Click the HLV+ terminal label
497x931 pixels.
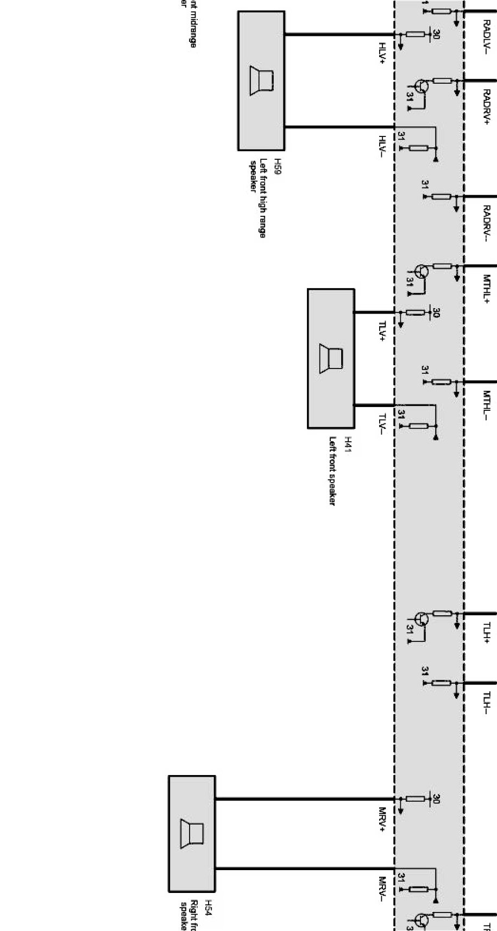click(x=382, y=53)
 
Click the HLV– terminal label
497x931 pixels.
click(x=382, y=146)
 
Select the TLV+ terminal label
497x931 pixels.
click(x=382, y=331)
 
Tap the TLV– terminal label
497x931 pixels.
click(x=382, y=424)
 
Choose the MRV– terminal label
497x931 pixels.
click(x=382, y=889)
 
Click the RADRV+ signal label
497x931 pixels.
click(x=487, y=107)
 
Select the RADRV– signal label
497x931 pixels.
click(x=487, y=223)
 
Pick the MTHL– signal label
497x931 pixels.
click(x=487, y=405)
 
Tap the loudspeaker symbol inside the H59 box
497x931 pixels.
click(x=261, y=80)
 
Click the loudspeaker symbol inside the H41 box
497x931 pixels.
click(x=331, y=359)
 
